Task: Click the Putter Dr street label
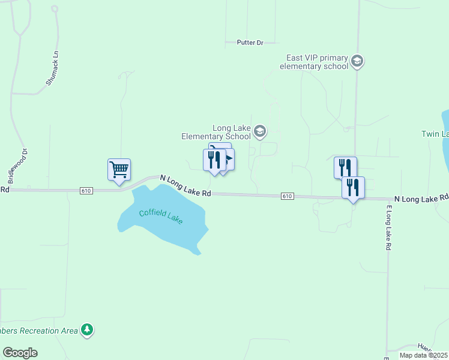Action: [x=250, y=43]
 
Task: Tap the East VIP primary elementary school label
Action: [x=317, y=62]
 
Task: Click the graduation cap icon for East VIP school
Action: [x=357, y=61]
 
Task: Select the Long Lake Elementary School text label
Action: [x=216, y=132]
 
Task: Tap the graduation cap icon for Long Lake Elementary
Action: [x=260, y=131]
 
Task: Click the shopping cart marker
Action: [x=119, y=170]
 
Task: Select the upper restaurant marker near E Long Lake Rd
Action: [x=345, y=167]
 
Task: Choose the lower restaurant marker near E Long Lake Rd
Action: [x=353, y=188]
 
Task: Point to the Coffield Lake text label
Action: [x=160, y=216]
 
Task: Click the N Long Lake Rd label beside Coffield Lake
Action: [x=185, y=185]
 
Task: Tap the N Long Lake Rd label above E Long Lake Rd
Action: [x=421, y=197]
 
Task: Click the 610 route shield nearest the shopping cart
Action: [x=86, y=190]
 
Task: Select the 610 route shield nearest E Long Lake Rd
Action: [x=287, y=196]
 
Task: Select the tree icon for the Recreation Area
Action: [x=88, y=329]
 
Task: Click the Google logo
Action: [x=20, y=353]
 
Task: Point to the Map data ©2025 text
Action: [x=423, y=355]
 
